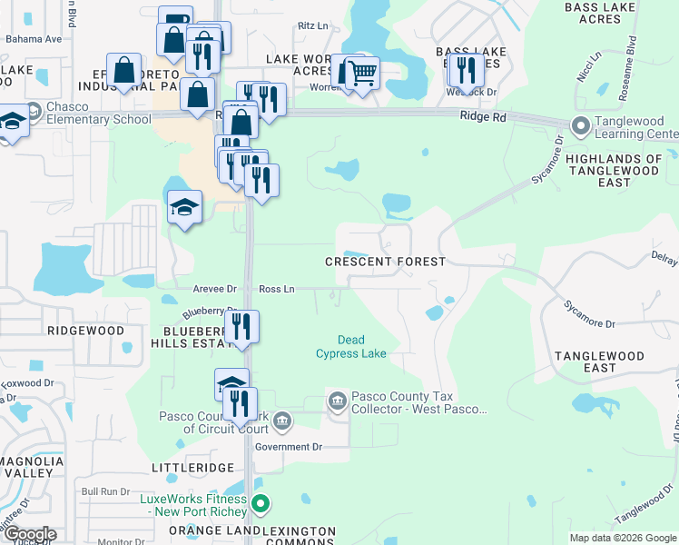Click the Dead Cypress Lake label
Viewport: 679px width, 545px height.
coord(350,347)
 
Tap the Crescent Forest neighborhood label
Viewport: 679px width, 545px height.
coord(386,262)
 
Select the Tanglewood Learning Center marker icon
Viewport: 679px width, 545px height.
coord(579,125)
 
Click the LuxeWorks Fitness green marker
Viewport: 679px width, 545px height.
coord(261,502)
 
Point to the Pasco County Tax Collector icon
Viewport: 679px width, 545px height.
coord(337,401)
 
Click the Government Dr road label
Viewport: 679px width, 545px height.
coord(289,447)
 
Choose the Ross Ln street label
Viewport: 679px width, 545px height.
coord(277,289)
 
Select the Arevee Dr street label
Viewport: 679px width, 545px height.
coord(214,289)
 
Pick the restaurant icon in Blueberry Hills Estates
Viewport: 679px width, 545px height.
coord(241,326)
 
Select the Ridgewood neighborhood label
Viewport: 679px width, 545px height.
coord(85,332)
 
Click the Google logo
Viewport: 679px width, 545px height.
coord(29,534)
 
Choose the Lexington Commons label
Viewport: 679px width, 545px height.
coord(299,536)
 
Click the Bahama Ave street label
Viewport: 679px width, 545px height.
coord(34,39)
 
